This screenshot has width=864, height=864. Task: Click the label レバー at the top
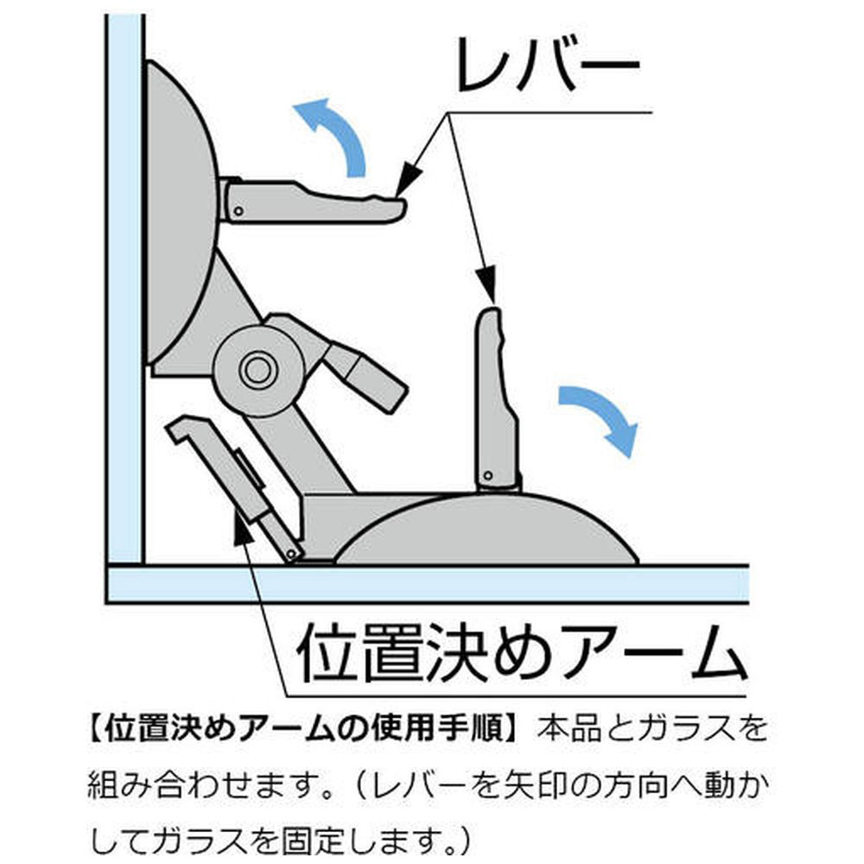[548, 65]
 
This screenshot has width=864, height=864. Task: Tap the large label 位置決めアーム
[521, 653]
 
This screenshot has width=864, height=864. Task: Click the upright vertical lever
[498, 399]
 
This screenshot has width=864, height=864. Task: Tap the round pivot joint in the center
[257, 371]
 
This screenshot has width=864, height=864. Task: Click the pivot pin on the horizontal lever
[238, 211]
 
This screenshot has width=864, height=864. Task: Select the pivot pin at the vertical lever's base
[487, 475]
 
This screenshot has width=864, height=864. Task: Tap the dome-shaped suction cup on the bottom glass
[487, 529]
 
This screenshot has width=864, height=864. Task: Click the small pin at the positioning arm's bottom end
[292, 553]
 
